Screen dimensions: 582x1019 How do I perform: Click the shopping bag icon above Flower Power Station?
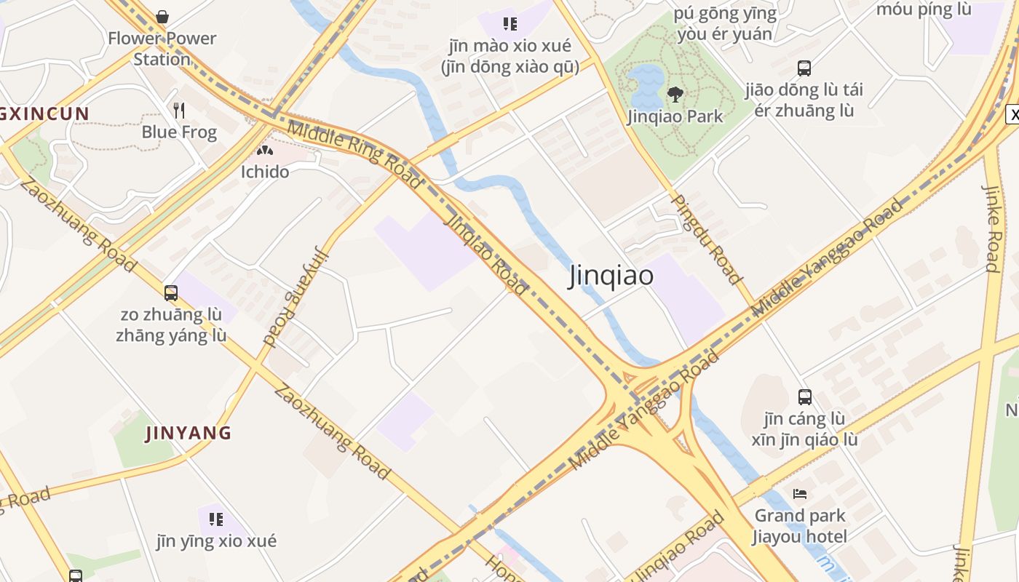coord(162,16)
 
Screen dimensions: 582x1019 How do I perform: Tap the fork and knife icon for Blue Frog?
coord(179,111)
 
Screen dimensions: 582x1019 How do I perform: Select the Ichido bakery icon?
coord(264,151)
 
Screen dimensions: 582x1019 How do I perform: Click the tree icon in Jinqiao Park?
coord(675,94)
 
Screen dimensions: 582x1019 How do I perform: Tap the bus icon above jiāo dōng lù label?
coord(804,68)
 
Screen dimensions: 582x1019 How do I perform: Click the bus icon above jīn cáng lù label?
coord(804,397)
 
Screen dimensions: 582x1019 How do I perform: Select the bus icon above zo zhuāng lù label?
coord(171,293)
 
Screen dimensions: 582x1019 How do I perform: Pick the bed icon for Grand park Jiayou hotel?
coord(800,494)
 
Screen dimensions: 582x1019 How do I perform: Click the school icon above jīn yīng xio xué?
coord(216,519)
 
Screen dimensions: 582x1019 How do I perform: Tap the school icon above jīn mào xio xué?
coord(510,24)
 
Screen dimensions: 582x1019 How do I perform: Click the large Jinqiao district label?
coord(611,276)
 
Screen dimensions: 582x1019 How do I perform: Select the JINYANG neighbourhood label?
coord(189,434)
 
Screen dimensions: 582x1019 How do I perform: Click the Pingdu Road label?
coord(705,239)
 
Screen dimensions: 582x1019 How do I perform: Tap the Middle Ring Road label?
coord(354,156)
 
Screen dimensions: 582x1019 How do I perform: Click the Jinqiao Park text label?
coord(675,116)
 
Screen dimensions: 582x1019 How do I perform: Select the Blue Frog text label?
coord(179,132)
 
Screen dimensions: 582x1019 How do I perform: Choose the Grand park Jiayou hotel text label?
coord(800,526)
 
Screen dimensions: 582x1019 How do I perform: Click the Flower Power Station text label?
coord(162,48)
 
